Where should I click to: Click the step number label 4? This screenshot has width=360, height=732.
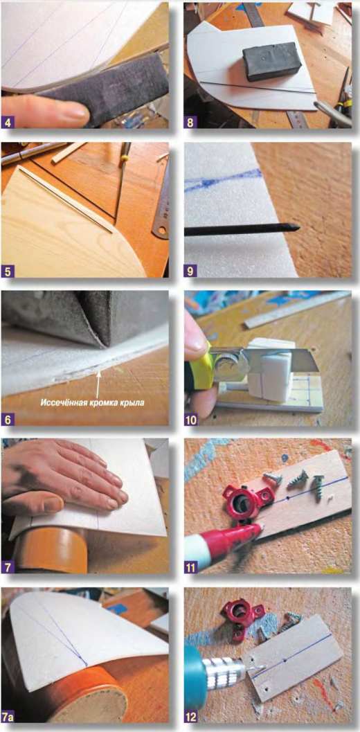coord(8,123)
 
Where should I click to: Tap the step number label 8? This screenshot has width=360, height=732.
coord(190,123)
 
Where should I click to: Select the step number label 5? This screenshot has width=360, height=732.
coord(8,271)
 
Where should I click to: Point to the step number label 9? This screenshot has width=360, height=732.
coord(190,271)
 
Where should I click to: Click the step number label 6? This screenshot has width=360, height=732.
coord(8,419)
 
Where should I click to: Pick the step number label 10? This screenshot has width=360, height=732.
coord(191,419)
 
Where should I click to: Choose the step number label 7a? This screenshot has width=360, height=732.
coord(10,716)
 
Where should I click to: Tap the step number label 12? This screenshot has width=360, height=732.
coord(191,716)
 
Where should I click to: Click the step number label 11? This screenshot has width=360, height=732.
coord(191,566)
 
